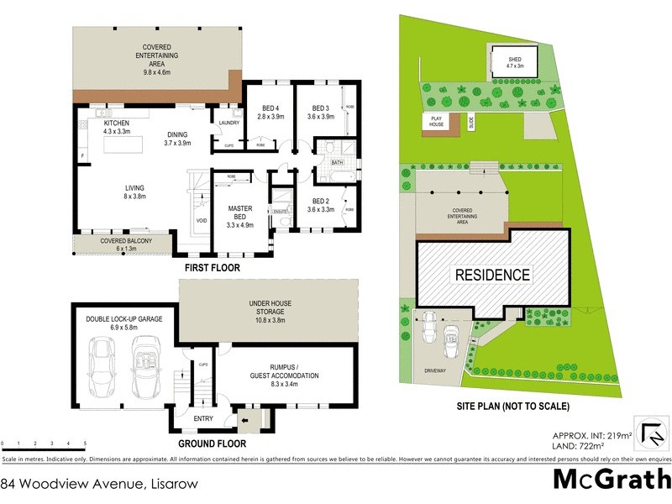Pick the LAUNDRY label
coord(228,123)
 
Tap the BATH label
coord(337,162)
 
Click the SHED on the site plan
coord(514,60)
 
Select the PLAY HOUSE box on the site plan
coord(436,121)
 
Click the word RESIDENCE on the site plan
coord(492,275)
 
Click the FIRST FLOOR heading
coord(213,269)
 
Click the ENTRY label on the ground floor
coord(203,418)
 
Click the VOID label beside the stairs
coord(202,220)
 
